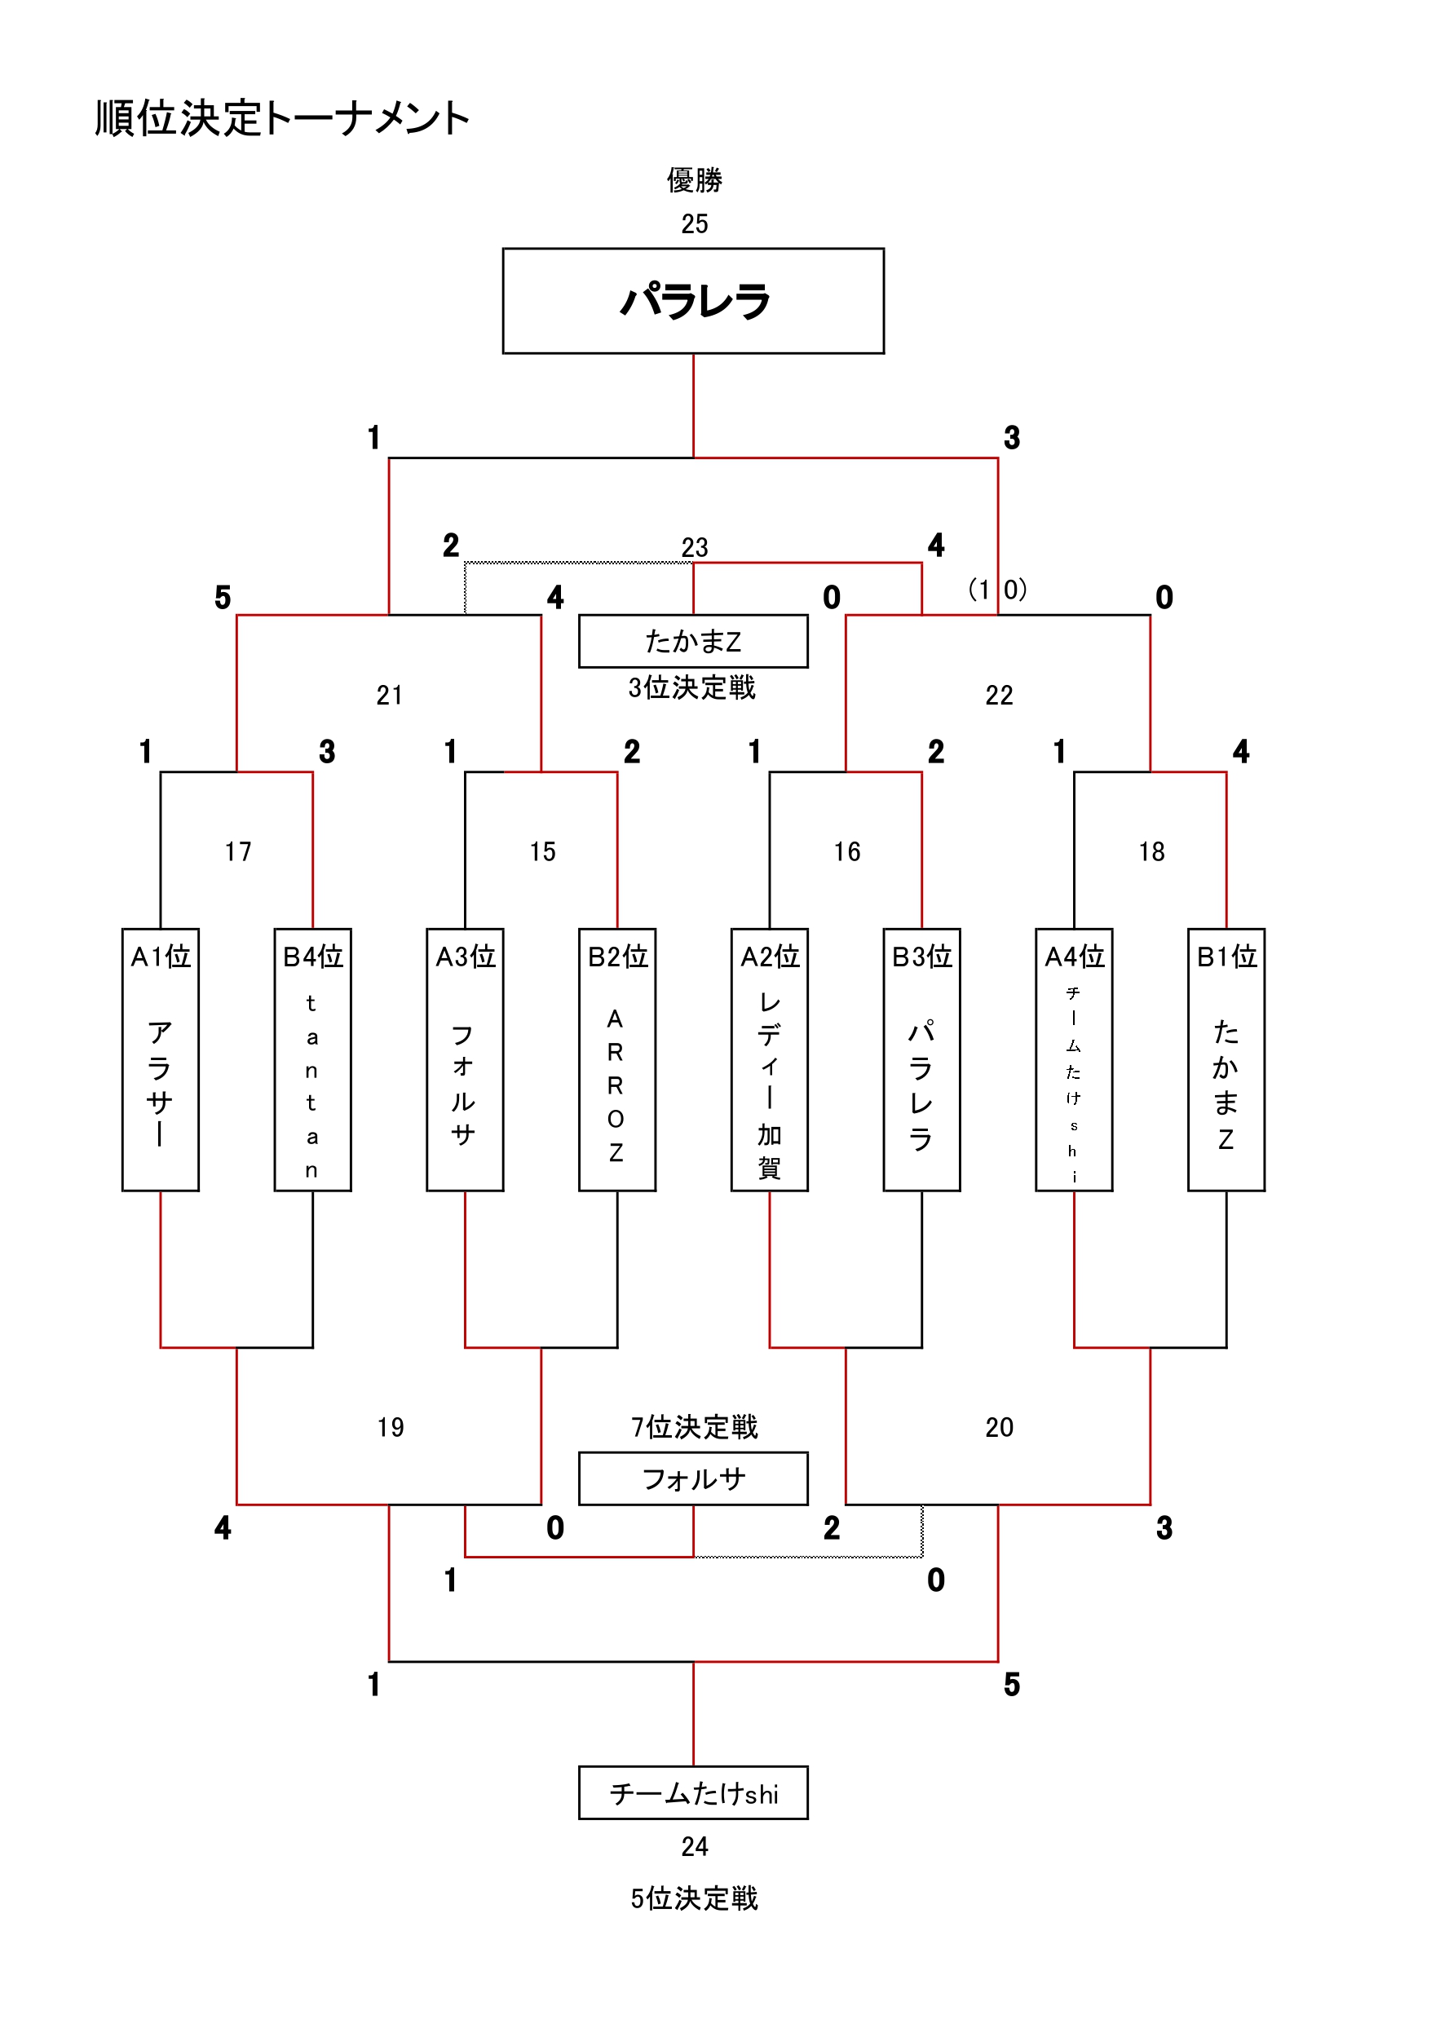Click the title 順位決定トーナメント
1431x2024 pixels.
click(282, 118)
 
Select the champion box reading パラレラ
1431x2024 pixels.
click(693, 302)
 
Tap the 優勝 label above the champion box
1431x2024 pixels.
click(694, 180)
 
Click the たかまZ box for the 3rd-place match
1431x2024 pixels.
click(693, 641)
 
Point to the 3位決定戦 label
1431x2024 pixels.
click(692, 687)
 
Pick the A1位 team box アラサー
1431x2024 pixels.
click(161, 1059)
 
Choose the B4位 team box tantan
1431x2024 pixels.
click(312, 1059)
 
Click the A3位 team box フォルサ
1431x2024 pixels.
click(465, 1059)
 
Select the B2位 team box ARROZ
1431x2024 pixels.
click(616, 1059)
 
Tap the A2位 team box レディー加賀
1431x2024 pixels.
click(769, 1059)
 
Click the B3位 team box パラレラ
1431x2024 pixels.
click(921, 1059)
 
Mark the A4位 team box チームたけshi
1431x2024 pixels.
click(1073, 1059)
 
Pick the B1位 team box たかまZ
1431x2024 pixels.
click(1226, 1059)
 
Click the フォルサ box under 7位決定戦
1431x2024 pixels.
click(693, 1479)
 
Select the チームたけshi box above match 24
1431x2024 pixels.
click(693, 1793)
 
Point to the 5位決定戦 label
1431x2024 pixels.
click(694, 1898)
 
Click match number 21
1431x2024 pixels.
click(390, 696)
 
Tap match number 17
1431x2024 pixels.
click(238, 851)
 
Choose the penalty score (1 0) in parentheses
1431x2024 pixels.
click(997, 589)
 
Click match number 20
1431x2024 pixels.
click(999, 1427)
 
